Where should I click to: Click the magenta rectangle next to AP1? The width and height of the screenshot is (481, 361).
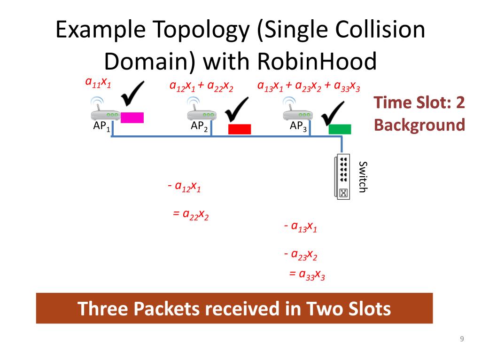(132, 118)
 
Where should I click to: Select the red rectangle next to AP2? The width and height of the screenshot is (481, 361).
(240, 129)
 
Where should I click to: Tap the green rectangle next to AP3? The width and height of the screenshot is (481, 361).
(340, 129)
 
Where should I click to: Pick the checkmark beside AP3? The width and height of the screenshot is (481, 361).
(334, 113)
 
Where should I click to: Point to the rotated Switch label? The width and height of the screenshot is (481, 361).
(362, 176)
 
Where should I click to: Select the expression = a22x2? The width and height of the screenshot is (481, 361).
(191, 215)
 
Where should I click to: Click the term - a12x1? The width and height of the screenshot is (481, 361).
(184, 187)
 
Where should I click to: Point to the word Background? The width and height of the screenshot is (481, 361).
(419, 125)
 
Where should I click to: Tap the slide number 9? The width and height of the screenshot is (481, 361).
(462, 339)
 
